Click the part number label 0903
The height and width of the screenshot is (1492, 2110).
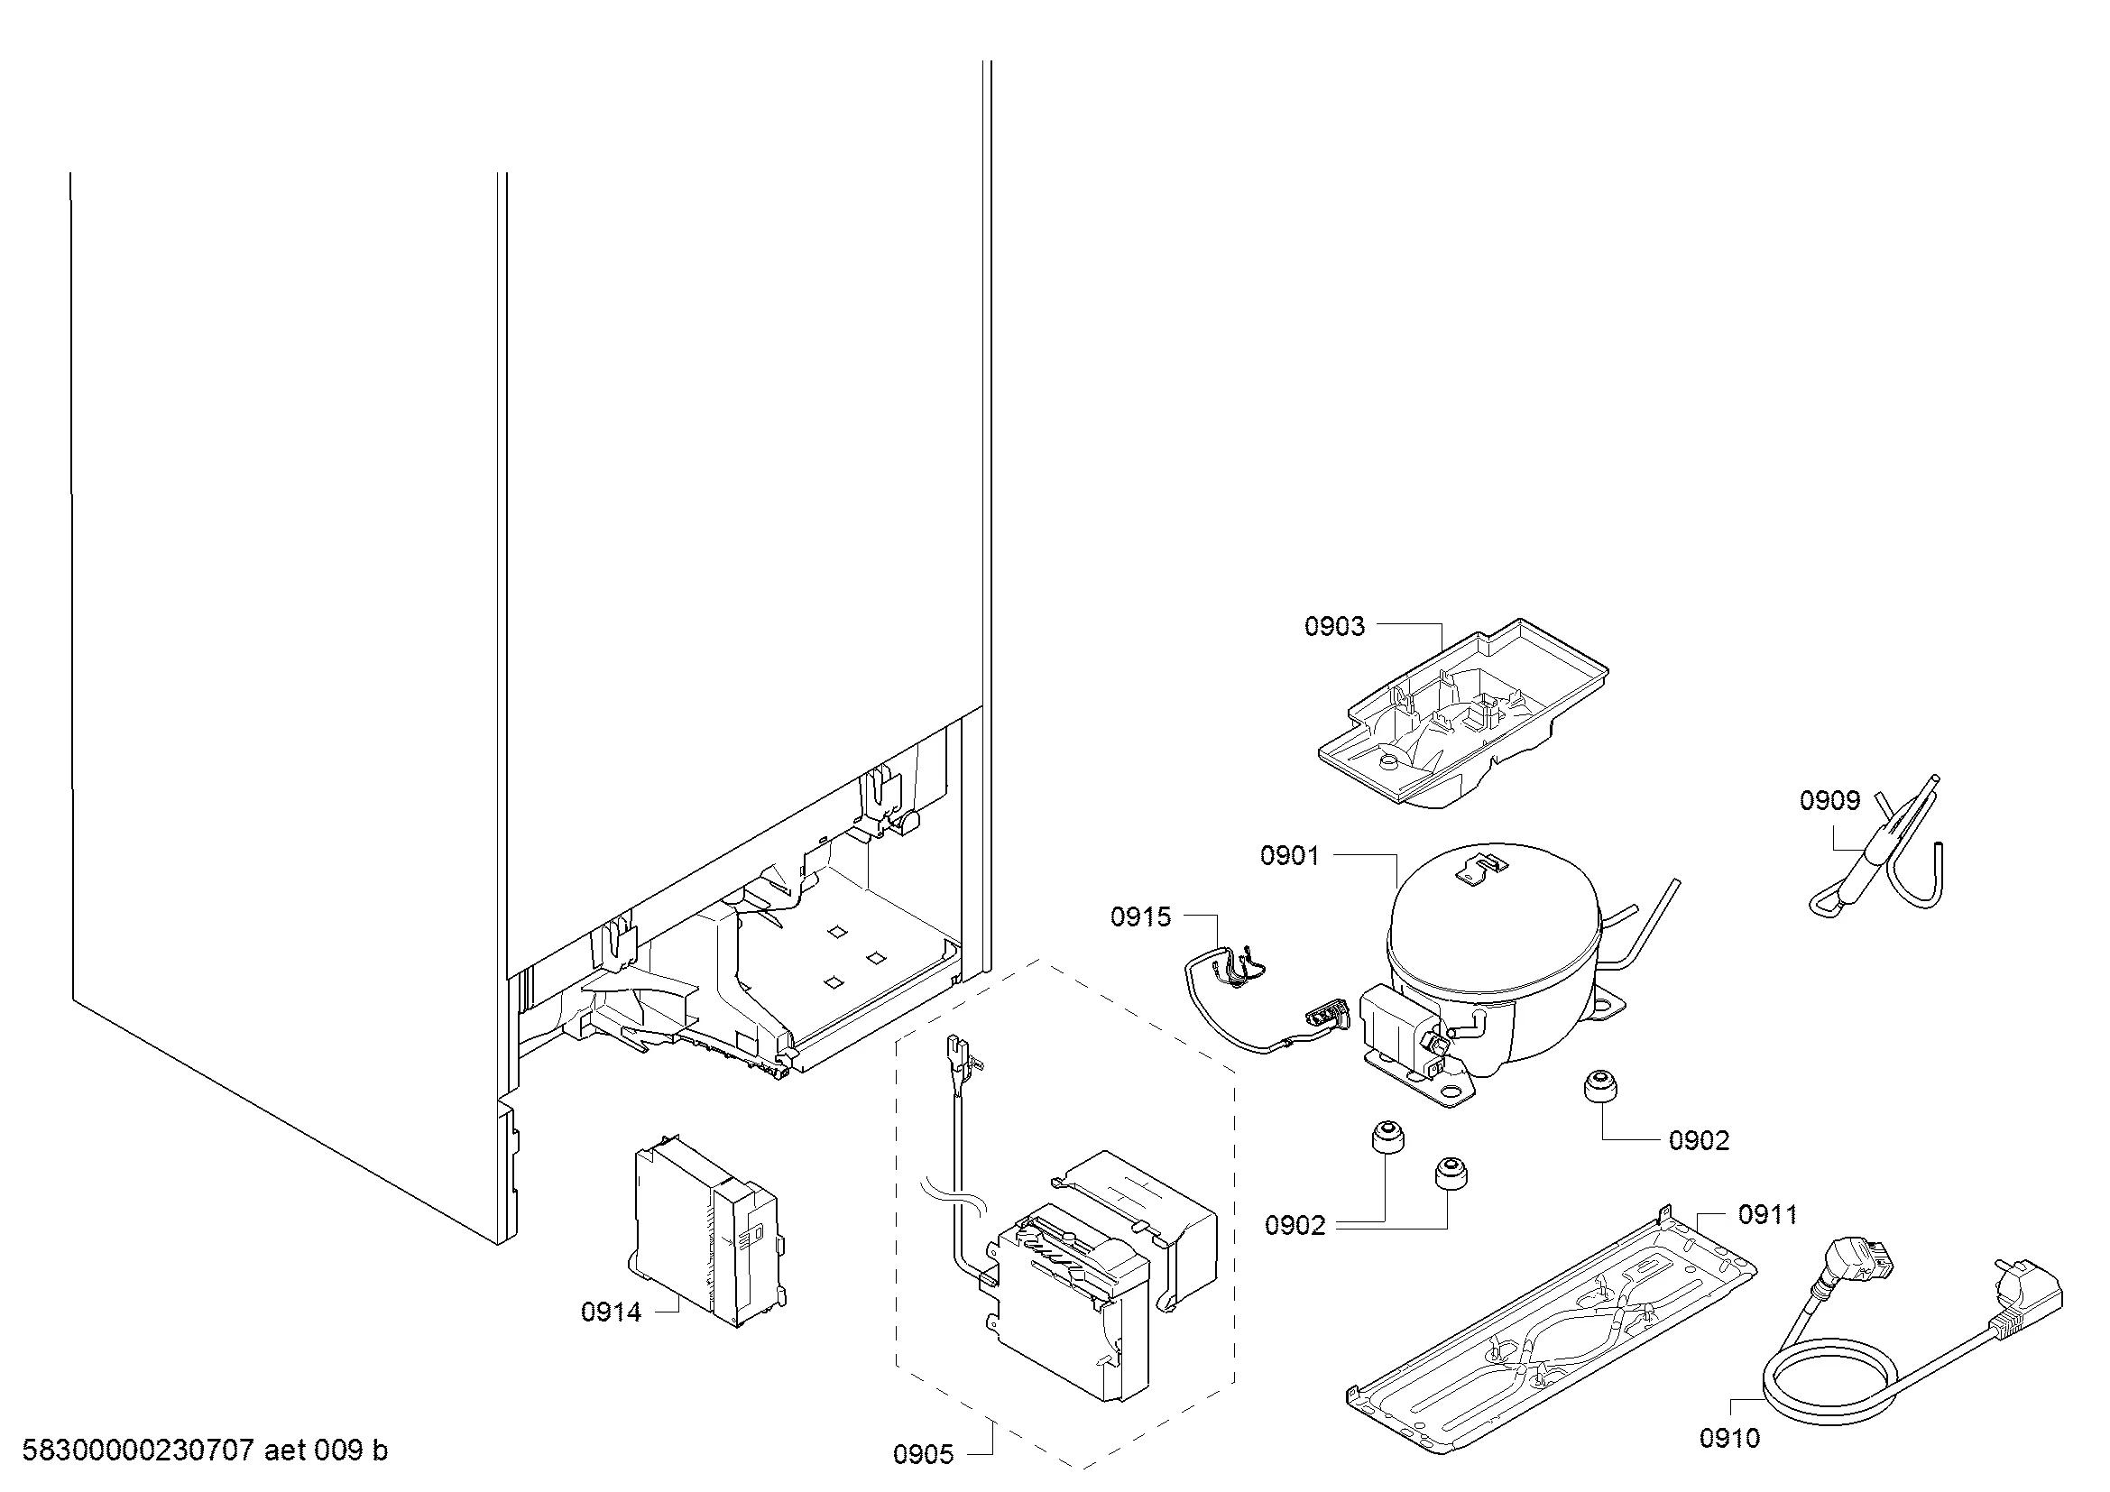[1334, 627]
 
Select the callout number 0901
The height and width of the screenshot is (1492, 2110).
[1289, 856]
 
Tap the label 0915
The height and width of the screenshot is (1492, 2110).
[1140, 916]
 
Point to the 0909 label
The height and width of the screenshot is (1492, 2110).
[1829, 801]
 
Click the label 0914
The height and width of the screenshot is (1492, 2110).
[611, 1312]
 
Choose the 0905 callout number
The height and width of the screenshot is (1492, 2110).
[924, 1454]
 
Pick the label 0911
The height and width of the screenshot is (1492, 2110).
[1768, 1215]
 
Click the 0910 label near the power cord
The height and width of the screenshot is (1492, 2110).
[1729, 1439]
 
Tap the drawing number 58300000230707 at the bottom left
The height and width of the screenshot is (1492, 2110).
[137, 1451]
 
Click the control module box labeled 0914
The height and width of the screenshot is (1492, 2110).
[705, 1231]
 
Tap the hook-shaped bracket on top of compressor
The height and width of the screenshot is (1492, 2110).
[1481, 867]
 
